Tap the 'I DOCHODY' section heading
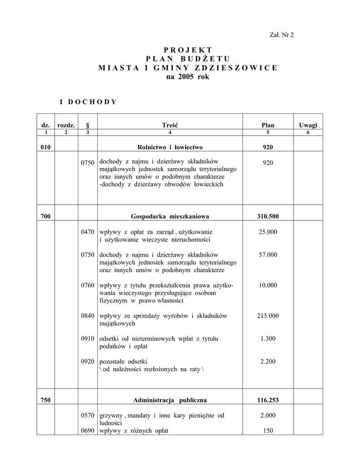[88, 101]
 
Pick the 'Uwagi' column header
[308, 125]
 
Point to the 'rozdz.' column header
[66, 125]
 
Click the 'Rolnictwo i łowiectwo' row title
[170, 147]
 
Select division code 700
[46, 216]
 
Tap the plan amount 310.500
[268, 216]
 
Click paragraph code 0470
[87, 232]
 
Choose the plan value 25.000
[268, 232]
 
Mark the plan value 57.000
[268, 255]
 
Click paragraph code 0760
[87, 285]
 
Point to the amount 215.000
[268, 316]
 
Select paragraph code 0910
[87, 339]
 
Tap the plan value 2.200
[268, 361]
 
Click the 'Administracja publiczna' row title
[170, 400]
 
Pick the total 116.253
[268, 400]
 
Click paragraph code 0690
[87, 431]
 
